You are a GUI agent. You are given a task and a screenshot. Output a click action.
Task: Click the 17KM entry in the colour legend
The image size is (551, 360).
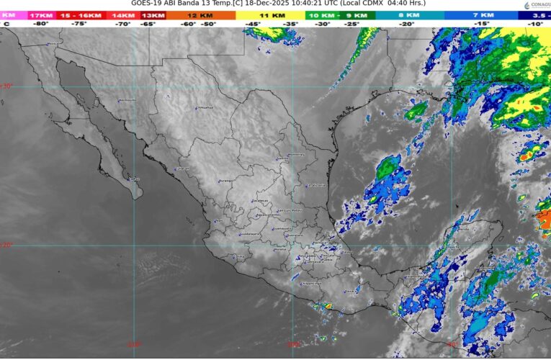41,14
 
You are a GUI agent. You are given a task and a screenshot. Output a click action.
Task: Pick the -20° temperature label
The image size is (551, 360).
408,24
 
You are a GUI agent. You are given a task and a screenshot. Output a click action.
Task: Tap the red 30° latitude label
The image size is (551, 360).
6,86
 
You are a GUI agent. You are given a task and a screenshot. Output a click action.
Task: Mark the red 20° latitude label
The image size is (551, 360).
6,245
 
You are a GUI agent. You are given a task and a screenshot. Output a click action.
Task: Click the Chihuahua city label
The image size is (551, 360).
206,108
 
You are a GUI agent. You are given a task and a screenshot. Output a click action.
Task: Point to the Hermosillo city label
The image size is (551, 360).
127,99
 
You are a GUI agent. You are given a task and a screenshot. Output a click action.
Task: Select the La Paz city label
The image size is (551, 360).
134,179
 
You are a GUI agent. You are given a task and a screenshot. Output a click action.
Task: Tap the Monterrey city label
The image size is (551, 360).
296,154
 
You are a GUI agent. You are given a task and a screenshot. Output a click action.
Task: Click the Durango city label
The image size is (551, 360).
226,180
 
